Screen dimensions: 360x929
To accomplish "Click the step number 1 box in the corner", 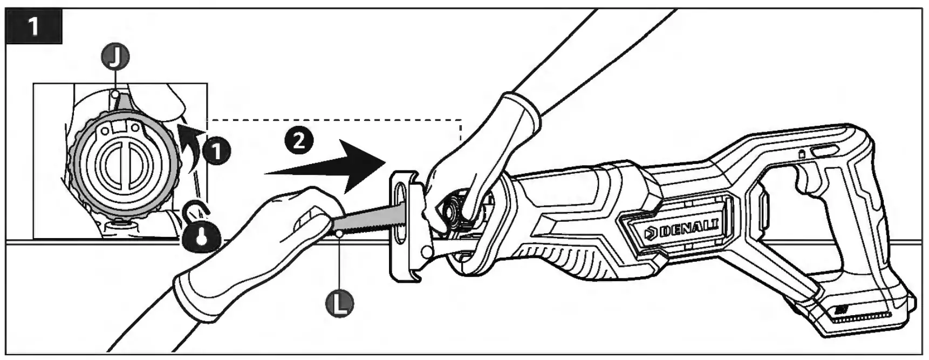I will [x=34, y=26].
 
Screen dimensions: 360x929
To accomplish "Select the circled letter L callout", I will [x=340, y=303].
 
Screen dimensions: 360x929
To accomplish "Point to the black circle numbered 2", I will [x=298, y=140].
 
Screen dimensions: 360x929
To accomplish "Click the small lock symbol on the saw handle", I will [x=802, y=154].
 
